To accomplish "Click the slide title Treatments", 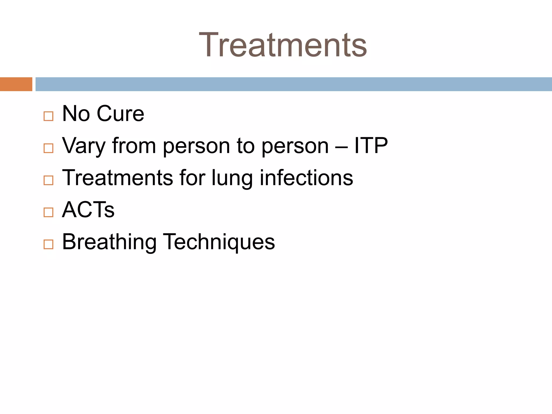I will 283,45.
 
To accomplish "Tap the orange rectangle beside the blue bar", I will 16,84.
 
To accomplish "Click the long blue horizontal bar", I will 294,84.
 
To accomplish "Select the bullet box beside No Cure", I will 49,116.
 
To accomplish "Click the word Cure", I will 120,114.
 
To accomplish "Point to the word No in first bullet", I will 76,114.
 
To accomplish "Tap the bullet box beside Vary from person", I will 49,148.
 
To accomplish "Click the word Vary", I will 84,146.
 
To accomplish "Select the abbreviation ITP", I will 371,146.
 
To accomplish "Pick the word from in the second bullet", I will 134,146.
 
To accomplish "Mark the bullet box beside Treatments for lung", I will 49,180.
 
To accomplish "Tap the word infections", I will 306,178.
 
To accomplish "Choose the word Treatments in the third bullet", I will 118,178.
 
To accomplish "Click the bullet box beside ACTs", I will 49,212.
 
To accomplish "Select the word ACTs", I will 88,210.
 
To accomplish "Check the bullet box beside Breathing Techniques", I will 49,244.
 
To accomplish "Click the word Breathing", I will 109,242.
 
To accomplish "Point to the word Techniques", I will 219,242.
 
